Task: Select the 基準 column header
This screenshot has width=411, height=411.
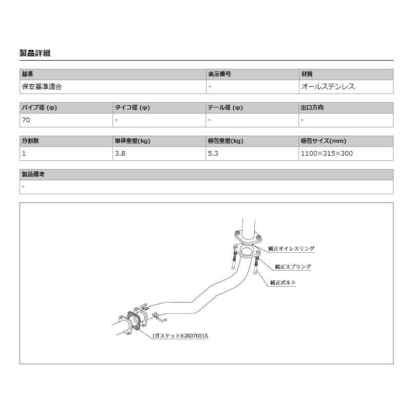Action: tap(27, 74)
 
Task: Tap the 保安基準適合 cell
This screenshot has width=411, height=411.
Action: tap(42, 87)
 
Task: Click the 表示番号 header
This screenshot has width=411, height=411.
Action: tap(219, 74)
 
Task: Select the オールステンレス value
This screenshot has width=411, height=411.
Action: tap(328, 87)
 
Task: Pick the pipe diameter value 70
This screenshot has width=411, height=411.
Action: tap(26, 120)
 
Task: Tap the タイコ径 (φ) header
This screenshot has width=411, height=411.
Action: tap(132, 108)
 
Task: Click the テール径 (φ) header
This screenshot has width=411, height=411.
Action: tap(225, 108)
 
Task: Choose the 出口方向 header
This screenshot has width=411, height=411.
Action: tap(312, 108)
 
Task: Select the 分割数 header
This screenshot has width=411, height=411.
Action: tap(30, 141)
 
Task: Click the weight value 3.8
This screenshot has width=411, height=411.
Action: tap(120, 153)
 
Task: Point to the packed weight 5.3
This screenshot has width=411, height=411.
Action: tap(213, 153)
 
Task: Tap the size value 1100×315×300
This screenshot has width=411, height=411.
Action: tap(327, 153)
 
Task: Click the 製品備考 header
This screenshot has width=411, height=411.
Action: tap(33, 175)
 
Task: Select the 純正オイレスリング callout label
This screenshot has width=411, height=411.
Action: tap(291, 249)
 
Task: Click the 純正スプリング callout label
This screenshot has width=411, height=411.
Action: tap(293, 267)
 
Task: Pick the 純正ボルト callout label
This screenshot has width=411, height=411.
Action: tap(283, 283)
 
